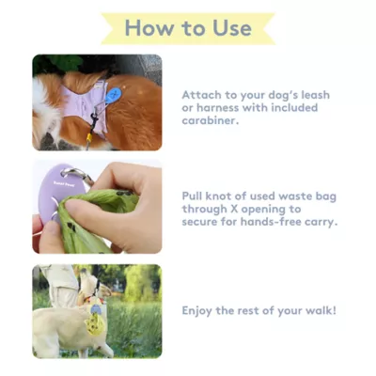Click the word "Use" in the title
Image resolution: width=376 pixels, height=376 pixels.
point(232,28)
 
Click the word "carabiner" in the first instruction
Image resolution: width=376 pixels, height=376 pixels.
point(209,120)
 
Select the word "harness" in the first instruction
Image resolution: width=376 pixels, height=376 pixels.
point(217,108)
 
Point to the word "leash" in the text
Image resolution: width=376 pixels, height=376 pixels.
point(315,95)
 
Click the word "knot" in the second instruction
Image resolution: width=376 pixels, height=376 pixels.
point(216,196)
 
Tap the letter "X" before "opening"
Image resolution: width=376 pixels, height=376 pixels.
point(234,209)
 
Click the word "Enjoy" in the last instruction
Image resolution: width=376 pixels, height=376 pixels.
point(196,311)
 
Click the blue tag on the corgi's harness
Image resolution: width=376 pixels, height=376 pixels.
point(113,95)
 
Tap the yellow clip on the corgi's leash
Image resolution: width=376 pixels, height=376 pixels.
point(90,136)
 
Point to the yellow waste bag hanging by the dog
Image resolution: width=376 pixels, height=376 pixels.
point(94,324)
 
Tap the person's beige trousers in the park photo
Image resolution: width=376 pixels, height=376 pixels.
point(61,284)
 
